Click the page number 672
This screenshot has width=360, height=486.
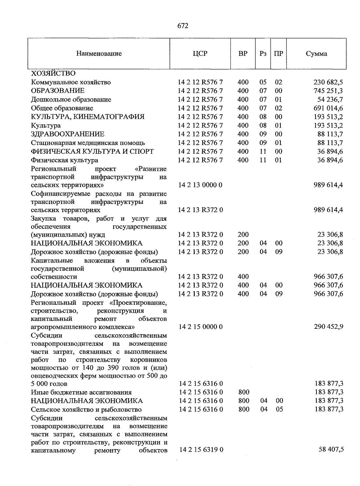pyautogui.click(x=183, y=26)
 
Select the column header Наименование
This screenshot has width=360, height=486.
pyautogui.click(x=99, y=54)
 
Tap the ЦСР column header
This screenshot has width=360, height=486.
pyautogui.click(x=200, y=54)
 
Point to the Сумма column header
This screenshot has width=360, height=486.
pyautogui.click(x=316, y=54)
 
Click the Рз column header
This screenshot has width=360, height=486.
pyautogui.click(x=263, y=54)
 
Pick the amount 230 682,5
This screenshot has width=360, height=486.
pyautogui.click(x=328, y=82)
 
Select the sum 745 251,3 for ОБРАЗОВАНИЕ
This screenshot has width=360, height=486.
pyautogui.click(x=328, y=91)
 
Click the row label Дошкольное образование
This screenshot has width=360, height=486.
pyautogui.click(x=71, y=99)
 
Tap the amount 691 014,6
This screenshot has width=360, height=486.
pyautogui.click(x=328, y=108)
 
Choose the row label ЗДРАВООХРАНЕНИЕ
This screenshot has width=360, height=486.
pyautogui.click(x=68, y=134)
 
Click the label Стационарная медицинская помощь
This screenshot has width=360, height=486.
pyautogui.click(x=88, y=143)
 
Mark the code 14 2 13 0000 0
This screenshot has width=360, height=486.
pyautogui.click(x=200, y=185)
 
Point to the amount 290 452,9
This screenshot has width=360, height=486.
pyautogui.click(x=328, y=326)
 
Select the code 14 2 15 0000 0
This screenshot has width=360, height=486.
pyautogui.click(x=201, y=326)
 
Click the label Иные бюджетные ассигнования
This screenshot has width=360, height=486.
pyautogui.click(x=81, y=392)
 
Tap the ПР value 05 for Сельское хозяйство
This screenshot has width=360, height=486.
pyautogui.click(x=279, y=409)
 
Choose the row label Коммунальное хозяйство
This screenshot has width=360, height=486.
pyautogui.click(x=71, y=82)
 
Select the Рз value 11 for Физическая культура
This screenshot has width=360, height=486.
pyautogui.click(x=263, y=160)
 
